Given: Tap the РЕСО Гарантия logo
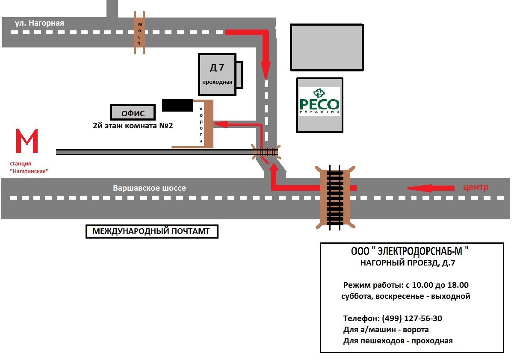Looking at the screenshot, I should click(319, 102).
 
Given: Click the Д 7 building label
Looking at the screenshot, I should click(216, 68).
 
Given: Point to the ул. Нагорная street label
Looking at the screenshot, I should click(39, 23).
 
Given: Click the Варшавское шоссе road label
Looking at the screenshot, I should click(149, 188).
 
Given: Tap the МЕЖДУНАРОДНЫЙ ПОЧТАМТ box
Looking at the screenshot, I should click(152, 232).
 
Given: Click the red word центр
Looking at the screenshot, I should click(476, 187).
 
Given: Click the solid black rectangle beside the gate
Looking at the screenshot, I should click(177, 105).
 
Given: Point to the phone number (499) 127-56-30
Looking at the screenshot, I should click(412, 318).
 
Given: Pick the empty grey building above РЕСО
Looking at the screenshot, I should click(327, 47).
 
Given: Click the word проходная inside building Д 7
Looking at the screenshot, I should click(217, 82).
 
